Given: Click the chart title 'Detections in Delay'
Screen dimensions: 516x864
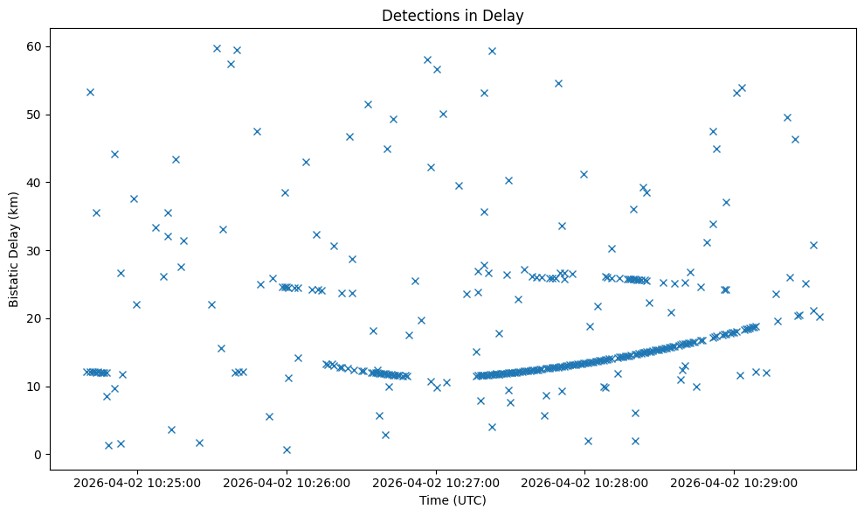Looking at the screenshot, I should [x=453, y=15].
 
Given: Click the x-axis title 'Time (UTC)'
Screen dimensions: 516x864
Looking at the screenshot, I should [x=453, y=500].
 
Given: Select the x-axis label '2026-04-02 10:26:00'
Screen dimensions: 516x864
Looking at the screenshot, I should [x=286, y=482].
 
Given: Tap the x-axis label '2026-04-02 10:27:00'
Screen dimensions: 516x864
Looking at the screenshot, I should [x=435, y=482].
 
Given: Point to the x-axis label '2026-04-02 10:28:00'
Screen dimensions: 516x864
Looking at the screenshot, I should [x=584, y=482].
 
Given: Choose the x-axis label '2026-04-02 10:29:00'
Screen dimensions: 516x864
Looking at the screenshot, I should [x=734, y=482].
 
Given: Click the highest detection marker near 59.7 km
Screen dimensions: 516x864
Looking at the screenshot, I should [x=217, y=48].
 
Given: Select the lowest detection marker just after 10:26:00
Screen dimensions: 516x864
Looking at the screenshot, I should [x=287, y=450].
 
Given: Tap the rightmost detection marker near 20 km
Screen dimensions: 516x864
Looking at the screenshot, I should [x=819, y=317].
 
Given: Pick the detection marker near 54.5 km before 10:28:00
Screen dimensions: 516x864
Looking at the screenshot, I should [x=558, y=83].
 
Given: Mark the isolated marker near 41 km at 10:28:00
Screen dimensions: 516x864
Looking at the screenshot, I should [x=584, y=174].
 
